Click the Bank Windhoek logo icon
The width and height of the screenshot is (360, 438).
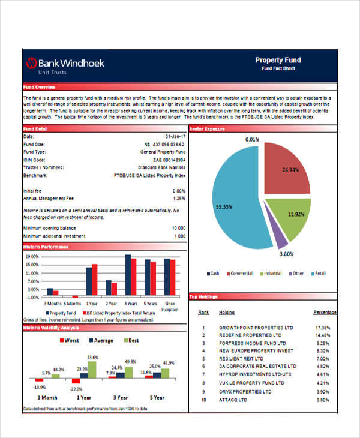click(x=31, y=62)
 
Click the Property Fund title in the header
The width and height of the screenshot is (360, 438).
click(x=278, y=60)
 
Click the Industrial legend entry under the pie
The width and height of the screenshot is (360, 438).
click(x=271, y=274)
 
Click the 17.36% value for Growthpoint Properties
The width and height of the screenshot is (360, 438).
click(x=322, y=328)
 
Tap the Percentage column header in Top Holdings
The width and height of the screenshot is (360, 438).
click(x=325, y=313)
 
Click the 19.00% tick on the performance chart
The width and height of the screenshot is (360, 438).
click(x=32, y=256)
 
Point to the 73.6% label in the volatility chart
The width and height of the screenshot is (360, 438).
click(x=92, y=358)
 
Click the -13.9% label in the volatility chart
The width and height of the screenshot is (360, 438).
click(x=40, y=387)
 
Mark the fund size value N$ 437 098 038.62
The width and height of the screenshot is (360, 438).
click(x=165, y=145)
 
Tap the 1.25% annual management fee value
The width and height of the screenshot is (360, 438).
click(x=179, y=198)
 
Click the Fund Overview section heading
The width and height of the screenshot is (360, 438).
click(x=39, y=88)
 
